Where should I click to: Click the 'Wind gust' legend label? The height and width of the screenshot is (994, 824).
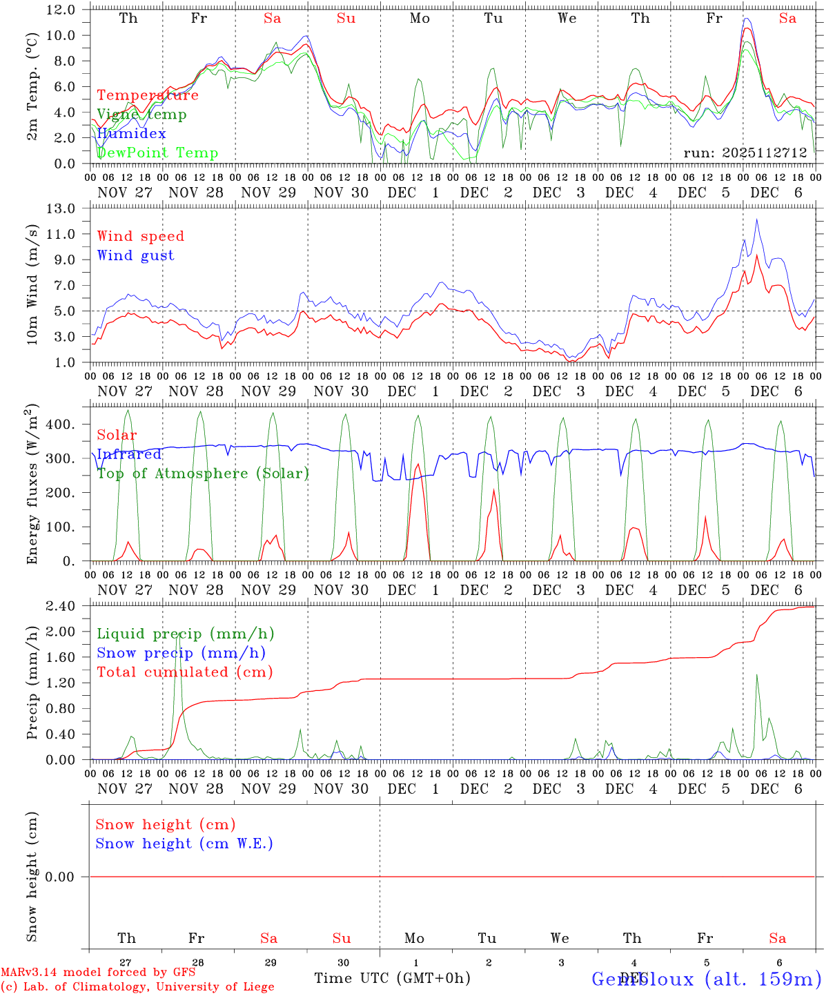tap(135, 255)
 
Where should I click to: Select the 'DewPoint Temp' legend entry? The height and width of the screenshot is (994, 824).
tap(157, 153)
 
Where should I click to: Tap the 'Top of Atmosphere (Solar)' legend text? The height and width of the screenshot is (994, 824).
tap(202, 474)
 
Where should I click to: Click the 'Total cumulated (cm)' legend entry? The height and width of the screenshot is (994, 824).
tap(184, 672)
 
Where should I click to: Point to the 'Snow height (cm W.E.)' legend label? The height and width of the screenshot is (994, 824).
tap(184, 844)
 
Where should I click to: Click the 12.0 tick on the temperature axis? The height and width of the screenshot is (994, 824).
tap(61, 10)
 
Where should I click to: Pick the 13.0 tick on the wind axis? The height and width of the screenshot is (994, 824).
tap(61, 208)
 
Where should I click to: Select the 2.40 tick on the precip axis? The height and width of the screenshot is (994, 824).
tap(61, 606)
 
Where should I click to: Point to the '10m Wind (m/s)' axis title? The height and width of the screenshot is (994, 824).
tap(32, 285)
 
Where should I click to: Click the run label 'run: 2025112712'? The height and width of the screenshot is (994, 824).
tap(745, 153)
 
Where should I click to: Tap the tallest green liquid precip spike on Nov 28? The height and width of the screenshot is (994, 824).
tap(178, 634)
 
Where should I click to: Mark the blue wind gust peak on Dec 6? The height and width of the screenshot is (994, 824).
tap(756, 220)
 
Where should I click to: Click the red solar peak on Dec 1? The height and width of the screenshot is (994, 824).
tap(417, 465)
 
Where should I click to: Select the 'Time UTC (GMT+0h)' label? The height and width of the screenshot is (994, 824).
tap(392, 978)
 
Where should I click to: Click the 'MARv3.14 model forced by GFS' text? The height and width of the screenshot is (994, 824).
tap(98, 972)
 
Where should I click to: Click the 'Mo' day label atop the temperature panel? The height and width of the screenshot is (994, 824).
tap(420, 19)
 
